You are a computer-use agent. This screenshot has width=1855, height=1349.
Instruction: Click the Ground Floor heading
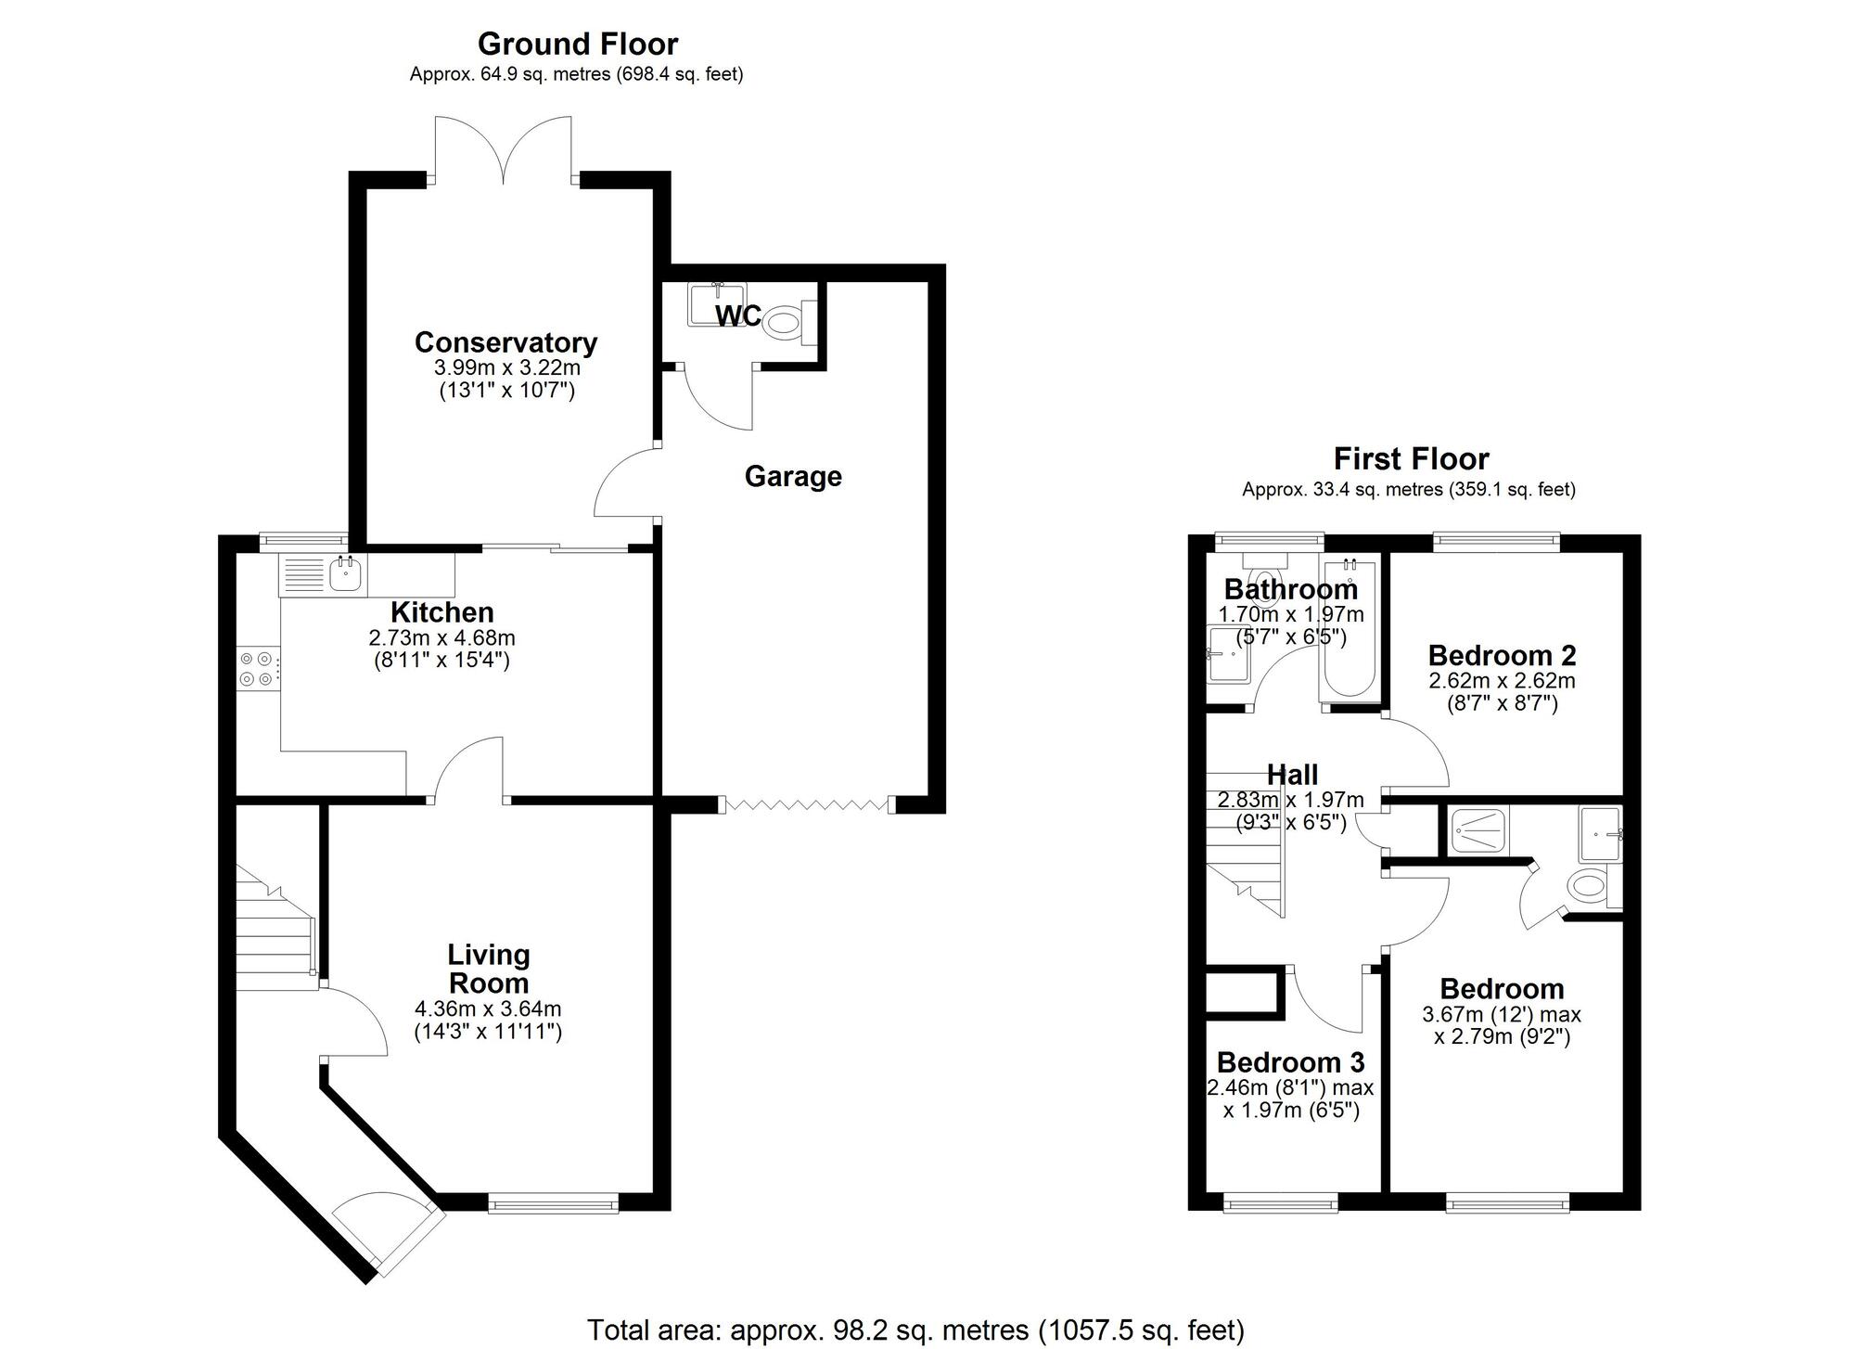[577, 44]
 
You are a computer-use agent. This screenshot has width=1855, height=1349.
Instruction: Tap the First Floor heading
[1411, 458]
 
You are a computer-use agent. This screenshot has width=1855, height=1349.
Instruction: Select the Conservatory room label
[505, 342]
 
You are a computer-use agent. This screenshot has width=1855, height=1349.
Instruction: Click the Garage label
[793, 477]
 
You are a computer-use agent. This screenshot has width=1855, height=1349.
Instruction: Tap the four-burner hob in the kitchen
[256, 669]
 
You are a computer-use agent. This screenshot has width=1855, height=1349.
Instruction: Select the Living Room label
[489, 969]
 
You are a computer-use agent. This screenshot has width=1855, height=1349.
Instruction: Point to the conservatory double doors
[504, 149]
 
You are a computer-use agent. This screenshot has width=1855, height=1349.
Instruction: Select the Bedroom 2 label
[1502, 655]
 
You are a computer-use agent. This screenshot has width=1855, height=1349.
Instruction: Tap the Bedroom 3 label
[1290, 1061]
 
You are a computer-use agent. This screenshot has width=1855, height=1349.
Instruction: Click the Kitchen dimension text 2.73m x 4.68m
[441, 638]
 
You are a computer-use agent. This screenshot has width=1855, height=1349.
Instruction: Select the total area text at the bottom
[915, 1330]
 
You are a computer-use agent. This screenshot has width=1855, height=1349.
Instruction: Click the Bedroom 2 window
[1497, 541]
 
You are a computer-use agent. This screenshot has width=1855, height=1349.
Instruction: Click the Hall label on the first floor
[1292, 775]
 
